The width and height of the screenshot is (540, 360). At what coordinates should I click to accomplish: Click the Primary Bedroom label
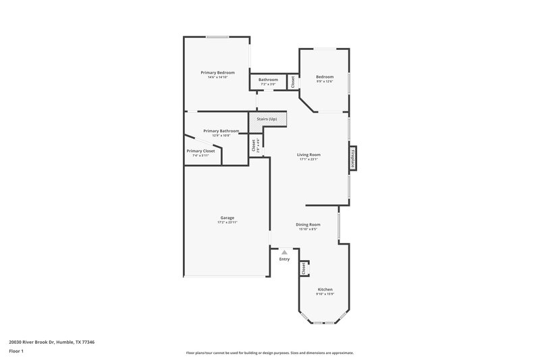click(x=217, y=72)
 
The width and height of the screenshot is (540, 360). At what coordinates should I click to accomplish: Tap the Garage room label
click(x=227, y=217)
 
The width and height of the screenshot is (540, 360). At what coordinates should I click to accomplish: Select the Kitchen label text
click(x=324, y=289)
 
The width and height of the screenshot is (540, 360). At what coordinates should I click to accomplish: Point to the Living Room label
click(x=308, y=155)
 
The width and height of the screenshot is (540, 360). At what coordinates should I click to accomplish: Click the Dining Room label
click(x=308, y=224)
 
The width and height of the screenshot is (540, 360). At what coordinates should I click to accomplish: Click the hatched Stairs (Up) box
click(x=268, y=120)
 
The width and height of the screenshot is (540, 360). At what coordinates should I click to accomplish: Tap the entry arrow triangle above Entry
click(x=284, y=252)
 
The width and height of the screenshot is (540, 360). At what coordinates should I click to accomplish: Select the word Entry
click(x=284, y=259)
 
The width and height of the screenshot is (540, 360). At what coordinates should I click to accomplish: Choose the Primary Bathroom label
click(x=221, y=130)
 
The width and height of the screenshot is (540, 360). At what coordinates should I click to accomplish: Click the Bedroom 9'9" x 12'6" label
click(x=325, y=77)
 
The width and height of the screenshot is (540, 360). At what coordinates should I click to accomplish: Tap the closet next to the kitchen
click(x=304, y=268)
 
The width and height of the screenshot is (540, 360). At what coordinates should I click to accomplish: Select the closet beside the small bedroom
click(x=292, y=82)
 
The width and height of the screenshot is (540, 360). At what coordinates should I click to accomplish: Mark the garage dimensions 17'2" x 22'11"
click(x=227, y=222)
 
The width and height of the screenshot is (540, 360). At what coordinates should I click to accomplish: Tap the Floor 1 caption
click(x=17, y=352)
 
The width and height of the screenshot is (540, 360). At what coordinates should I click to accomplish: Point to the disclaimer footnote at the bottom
click(x=269, y=353)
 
